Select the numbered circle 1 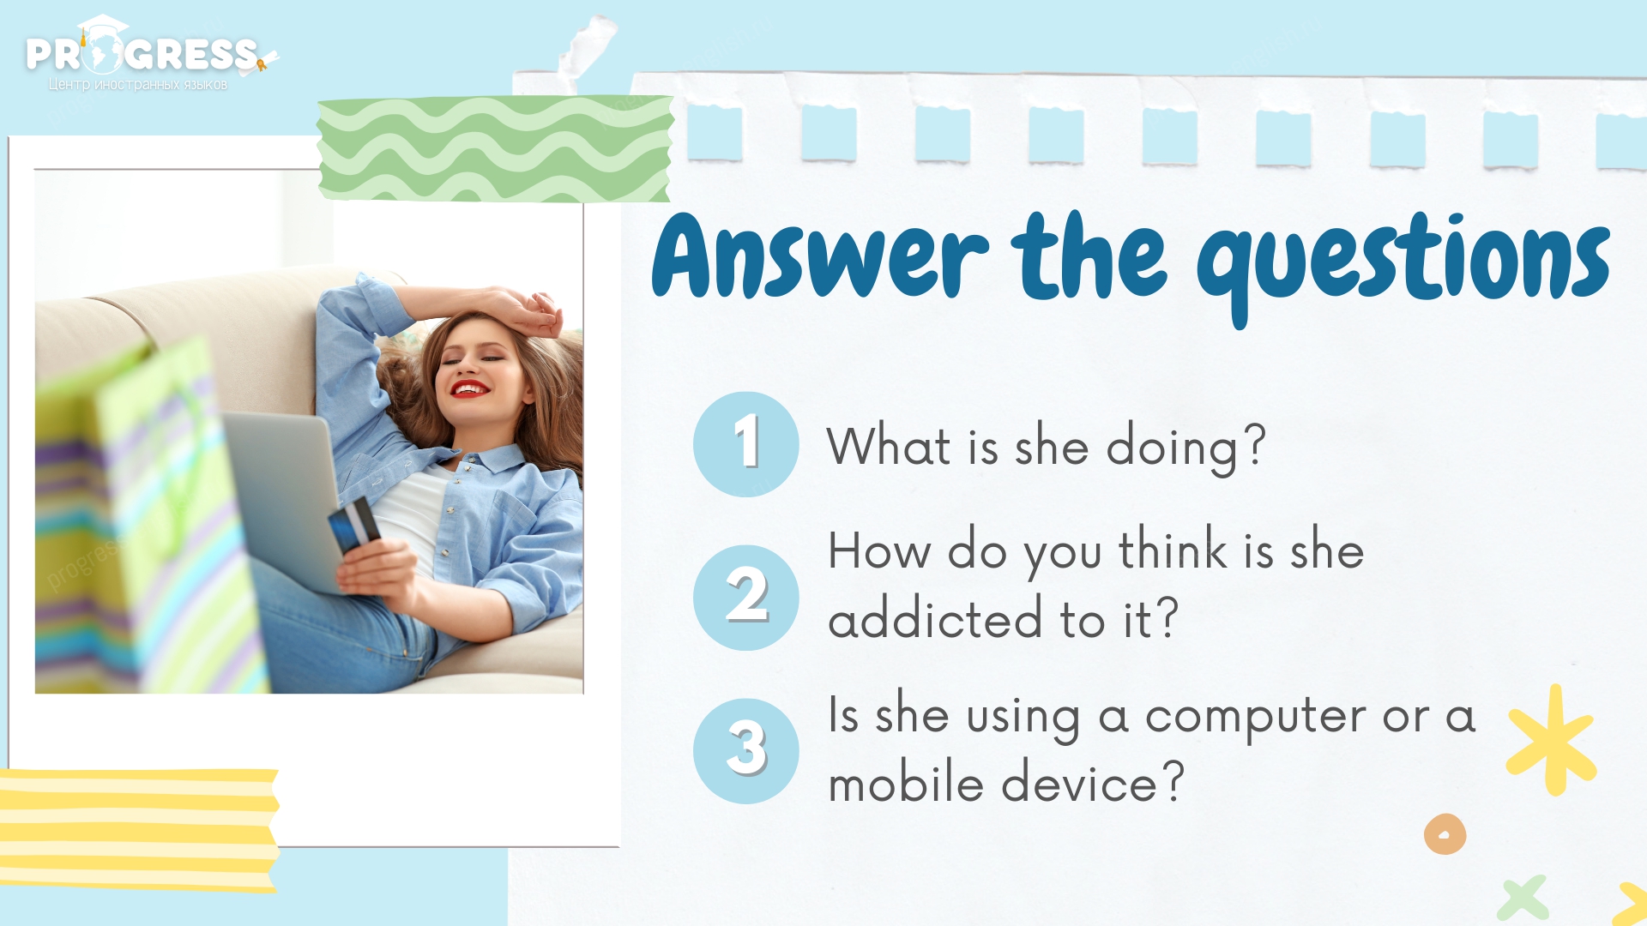746,444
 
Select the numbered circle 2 746,598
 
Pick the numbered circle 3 746,751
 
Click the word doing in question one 1172,448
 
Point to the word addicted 935,617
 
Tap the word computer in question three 1256,717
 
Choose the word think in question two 1173,549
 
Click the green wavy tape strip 495,148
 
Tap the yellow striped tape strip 139,830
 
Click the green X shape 1523,899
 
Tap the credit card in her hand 354,525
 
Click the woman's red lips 470,388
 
